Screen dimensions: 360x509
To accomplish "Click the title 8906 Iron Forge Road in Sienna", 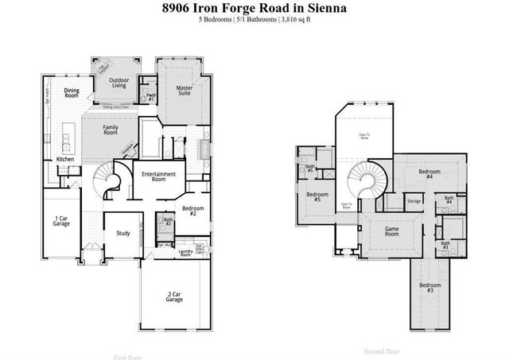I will pos(254,8).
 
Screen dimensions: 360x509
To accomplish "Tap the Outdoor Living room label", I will pos(119,83).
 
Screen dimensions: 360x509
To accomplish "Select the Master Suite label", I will pos(185,90).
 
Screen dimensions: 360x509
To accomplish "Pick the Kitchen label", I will pos(65,160).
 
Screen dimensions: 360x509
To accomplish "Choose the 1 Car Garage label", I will pos(60,222).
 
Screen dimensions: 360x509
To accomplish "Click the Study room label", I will pos(123,233).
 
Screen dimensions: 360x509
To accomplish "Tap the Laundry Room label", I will pos(186,253).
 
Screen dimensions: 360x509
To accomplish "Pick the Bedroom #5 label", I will pos(317,197).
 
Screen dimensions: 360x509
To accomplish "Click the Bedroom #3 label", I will pos(429,288).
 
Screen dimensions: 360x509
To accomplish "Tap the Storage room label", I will pos(414,201).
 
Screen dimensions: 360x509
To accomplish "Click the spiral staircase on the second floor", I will pos(367,181).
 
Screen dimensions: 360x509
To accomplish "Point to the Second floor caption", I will pos(382,350).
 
